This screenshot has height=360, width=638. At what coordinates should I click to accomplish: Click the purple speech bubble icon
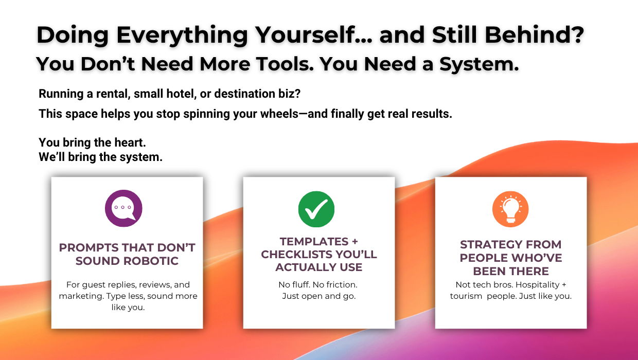point(123,208)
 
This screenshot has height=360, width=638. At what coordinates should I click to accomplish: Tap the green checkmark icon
point(316,209)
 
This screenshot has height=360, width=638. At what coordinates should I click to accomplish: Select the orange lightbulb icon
point(510,209)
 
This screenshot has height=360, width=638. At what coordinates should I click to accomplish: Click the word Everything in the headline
point(182,35)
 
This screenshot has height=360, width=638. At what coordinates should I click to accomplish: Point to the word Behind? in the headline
point(534,35)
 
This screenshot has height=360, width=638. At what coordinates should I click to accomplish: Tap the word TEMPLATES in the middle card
point(314,242)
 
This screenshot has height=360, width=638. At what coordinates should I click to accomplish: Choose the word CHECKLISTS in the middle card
point(296,255)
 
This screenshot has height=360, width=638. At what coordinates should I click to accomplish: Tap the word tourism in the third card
point(466,296)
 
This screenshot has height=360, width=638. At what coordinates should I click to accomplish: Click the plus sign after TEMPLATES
point(355,242)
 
